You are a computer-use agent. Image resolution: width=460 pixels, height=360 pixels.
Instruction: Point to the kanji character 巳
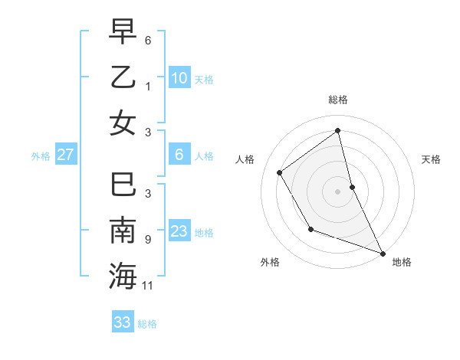click(123, 185)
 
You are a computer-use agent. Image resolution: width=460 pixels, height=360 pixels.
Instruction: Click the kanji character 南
click(123, 231)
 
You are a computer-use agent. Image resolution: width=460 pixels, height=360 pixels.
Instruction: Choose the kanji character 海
click(123, 276)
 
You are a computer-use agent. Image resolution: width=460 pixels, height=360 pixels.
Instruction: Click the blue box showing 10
click(179, 78)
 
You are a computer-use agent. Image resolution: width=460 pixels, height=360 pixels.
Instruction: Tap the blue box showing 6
click(179, 155)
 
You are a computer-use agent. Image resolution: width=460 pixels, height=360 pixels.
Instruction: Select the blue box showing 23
click(179, 231)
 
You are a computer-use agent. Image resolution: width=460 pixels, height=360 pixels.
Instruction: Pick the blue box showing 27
click(66, 155)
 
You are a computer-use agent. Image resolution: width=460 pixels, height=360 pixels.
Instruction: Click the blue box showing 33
click(123, 322)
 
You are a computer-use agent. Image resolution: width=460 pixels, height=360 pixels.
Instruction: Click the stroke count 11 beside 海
click(148, 286)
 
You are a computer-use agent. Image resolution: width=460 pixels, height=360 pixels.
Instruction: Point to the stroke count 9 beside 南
click(148, 240)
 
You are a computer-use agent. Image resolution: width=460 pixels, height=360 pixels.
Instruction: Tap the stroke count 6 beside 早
click(148, 40)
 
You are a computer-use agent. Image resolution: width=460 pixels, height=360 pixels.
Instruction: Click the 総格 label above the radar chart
click(338, 100)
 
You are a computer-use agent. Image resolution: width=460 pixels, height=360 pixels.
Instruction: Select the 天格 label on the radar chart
click(432, 159)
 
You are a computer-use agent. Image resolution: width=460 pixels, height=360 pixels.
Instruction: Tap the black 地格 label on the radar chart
click(402, 262)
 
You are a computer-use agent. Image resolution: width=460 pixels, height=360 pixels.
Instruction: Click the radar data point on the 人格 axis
click(280, 172)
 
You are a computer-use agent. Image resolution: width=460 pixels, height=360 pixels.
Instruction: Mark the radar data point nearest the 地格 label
click(383, 253)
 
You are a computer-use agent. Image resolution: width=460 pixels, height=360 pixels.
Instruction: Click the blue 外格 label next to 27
click(41, 156)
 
